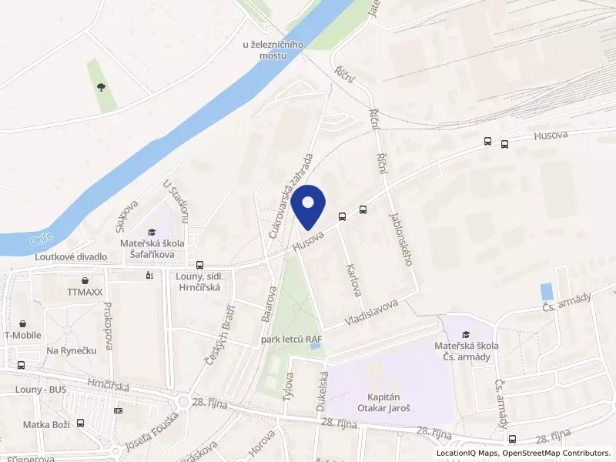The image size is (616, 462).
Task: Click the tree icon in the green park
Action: pos(101,86)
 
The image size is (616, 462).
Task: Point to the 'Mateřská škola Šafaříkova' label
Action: pos(151,248)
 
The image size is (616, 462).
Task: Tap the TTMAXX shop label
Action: pos(84,293)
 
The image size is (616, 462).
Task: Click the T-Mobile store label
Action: pos(23,335)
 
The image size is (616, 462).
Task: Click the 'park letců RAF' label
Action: pos(291,339)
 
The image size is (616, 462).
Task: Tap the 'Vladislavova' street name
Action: pos(372,310)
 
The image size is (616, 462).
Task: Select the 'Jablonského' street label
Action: pos(401,239)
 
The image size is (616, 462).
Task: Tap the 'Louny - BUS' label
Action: pos(41,390)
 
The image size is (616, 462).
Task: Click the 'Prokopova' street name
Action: pos(107,325)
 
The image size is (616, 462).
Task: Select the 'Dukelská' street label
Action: pos(323,390)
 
